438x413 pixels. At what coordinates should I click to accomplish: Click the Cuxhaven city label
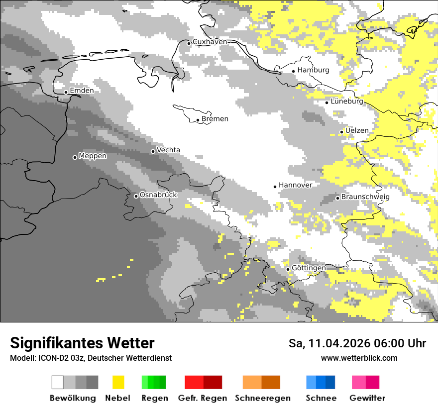click(x=210, y=42)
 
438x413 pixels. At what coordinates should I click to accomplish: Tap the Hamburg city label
click(x=313, y=70)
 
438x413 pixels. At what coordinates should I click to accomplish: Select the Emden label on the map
click(x=82, y=91)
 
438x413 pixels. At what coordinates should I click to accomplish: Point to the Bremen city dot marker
click(x=198, y=120)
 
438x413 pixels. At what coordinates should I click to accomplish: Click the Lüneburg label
click(x=347, y=101)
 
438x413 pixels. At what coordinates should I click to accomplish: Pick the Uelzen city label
click(x=357, y=130)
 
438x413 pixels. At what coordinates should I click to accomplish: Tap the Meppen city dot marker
click(x=75, y=157)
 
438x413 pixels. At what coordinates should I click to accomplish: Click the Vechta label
click(x=168, y=150)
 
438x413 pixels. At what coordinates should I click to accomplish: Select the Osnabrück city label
click(x=158, y=195)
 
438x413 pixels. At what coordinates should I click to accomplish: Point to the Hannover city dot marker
click(x=275, y=187)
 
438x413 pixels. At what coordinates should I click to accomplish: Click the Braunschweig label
click(x=365, y=197)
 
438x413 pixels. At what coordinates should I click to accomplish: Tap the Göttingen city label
click(x=309, y=268)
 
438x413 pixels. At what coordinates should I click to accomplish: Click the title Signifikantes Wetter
click(x=82, y=343)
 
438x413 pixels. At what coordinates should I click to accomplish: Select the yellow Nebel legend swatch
click(x=118, y=382)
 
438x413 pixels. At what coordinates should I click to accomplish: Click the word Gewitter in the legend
click(x=367, y=398)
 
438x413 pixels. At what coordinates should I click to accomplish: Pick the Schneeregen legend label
click(x=262, y=398)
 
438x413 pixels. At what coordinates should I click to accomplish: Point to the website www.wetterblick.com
click(x=359, y=358)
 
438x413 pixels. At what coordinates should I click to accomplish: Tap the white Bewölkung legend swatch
click(x=57, y=382)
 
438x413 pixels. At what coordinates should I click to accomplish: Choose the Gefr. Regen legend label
click(x=202, y=398)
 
